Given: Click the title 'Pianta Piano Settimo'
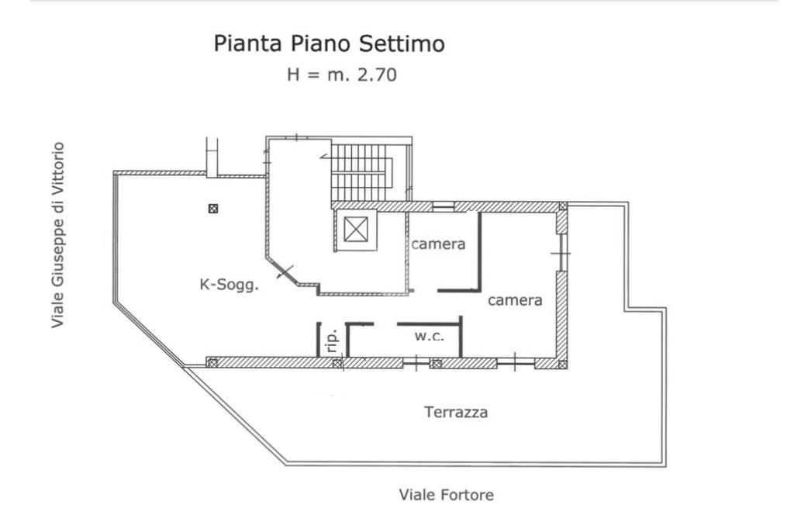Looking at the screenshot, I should [x=329, y=44].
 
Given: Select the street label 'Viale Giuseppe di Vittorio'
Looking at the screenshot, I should [x=58, y=234].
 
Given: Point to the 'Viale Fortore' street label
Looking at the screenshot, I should [x=446, y=494].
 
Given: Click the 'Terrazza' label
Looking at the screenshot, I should [x=456, y=413].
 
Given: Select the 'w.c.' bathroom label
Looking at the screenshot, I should [x=429, y=336].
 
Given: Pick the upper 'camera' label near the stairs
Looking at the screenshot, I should [x=438, y=244].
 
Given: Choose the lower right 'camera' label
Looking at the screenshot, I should [x=515, y=300].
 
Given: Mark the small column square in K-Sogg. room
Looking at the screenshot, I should [x=213, y=208].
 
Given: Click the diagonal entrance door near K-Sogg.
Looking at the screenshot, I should [x=285, y=272].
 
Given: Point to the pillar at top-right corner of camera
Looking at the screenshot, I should [x=563, y=206].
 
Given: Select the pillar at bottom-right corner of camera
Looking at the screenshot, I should [x=563, y=363].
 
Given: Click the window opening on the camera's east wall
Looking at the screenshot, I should [x=562, y=254].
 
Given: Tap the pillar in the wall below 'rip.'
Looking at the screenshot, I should [x=337, y=363].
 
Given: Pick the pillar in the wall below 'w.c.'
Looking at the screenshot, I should [x=436, y=363].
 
